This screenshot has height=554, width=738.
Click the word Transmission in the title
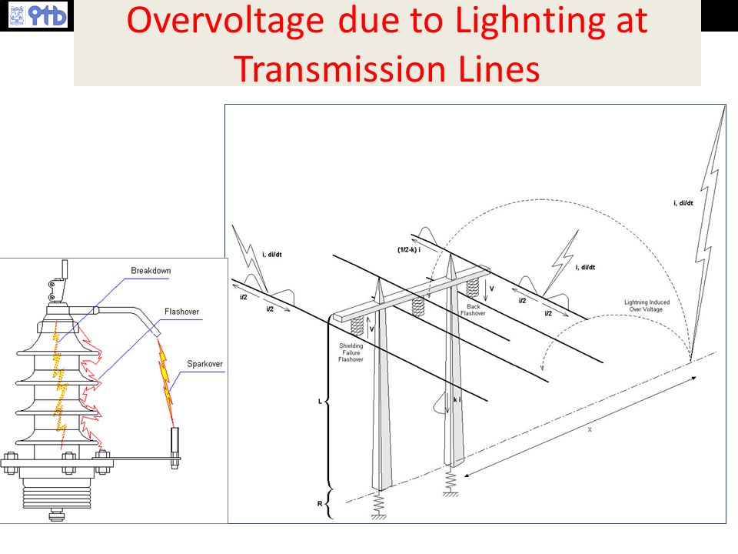[332, 68]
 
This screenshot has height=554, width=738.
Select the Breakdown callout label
[151, 271]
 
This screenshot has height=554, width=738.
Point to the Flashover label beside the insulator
[181, 312]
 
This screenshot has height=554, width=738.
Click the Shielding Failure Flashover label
[351, 352]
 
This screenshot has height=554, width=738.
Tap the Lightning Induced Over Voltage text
[647, 305]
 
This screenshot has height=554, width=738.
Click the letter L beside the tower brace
[321, 402]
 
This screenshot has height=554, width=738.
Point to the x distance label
[590, 429]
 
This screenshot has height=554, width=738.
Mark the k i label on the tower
[457, 401]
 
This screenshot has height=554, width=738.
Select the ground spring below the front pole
[379, 505]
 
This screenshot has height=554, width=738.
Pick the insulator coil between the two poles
[418, 305]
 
